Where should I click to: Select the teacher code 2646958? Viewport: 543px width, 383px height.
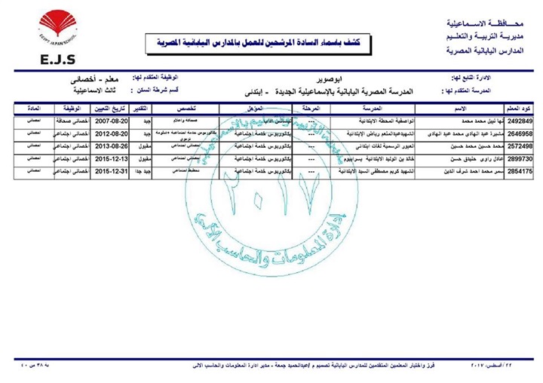point(523,133)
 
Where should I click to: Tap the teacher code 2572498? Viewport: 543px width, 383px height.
point(523,146)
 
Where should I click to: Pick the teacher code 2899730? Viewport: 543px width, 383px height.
point(523,160)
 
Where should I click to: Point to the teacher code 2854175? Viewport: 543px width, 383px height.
point(523,173)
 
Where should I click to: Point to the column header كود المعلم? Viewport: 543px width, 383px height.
point(523,109)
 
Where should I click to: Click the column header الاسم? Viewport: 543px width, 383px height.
point(453,109)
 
